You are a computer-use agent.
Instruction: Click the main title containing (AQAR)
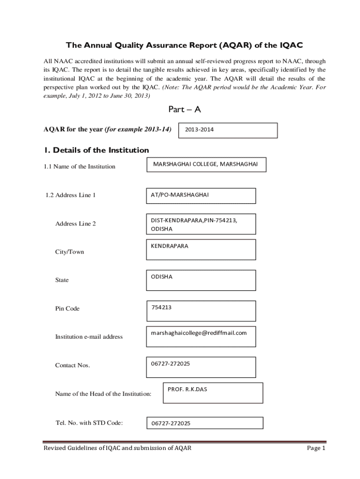(x=184, y=45)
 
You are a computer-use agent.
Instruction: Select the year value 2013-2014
(x=200, y=130)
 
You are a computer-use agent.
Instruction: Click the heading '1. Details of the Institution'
(x=96, y=150)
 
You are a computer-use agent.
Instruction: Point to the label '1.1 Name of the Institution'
(x=79, y=167)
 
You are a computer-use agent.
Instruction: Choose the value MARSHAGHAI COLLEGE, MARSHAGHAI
(x=205, y=164)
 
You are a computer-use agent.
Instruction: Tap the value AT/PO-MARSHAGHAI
(x=180, y=195)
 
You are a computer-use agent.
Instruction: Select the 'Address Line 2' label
(x=75, y=224)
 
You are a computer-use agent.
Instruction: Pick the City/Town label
(x=70, y=252)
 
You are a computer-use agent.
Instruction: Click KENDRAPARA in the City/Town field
(x=169, y=246)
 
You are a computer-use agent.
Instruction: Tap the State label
(x=62, y=280)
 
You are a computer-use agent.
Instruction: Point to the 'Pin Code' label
(x=67, y=309)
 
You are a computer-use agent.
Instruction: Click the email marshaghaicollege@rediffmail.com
(x=198, y=333)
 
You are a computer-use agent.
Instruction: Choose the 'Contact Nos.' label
(x=72, y=365)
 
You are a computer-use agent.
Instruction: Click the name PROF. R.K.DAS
(x=187, y=389)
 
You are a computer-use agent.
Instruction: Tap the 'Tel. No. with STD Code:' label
(x=89, y=423)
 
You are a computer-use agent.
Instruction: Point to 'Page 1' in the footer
(x=316, y=448)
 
